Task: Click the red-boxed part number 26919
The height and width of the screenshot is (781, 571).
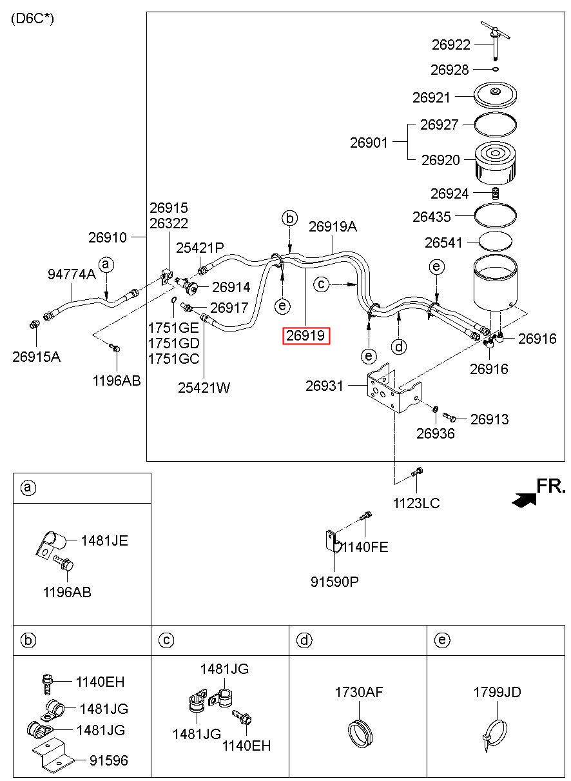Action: coord(305,335)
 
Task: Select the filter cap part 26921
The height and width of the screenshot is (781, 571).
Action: coord(495,95)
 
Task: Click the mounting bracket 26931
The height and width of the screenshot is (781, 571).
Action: coord(394,388)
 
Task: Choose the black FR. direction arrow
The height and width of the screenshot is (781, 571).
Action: coord(523,500)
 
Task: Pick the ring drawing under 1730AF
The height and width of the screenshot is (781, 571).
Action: coord(360,733)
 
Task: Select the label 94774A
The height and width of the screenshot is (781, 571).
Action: coord(72,274)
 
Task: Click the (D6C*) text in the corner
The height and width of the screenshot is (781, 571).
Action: coord(32,19)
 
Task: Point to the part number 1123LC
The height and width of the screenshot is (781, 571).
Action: coord(416,503)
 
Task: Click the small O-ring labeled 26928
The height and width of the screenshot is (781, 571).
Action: coord(496,69)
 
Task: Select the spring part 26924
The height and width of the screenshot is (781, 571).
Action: coord(495,193)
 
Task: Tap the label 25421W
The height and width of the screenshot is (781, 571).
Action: coord(204,388)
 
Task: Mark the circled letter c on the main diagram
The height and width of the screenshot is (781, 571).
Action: coord(321,284)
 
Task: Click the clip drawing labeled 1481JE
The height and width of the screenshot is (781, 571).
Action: coord(50,544)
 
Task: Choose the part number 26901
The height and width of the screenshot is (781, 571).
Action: coord(369,143)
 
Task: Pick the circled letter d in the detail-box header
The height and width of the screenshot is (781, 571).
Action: coord(304,640)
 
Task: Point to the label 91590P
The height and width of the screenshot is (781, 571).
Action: coord(334,582)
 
